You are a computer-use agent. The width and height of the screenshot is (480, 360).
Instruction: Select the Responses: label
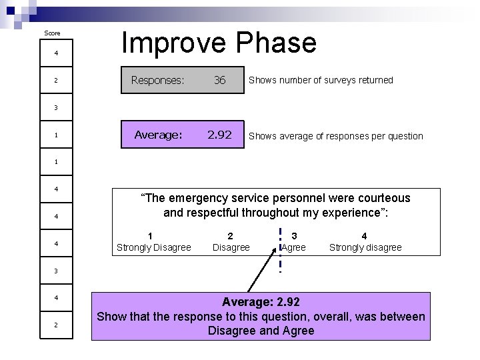[x=157, y=80]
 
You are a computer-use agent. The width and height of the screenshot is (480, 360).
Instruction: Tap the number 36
[x=219, y=80]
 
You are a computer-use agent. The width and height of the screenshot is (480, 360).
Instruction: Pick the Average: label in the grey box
[x=158, y=135]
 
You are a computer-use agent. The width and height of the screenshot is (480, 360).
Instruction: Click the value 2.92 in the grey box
[x=219, y=135]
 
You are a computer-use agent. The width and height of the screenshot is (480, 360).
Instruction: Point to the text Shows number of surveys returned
[x=321, y=80]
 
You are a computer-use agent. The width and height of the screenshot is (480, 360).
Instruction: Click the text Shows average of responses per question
[x=335, y=136]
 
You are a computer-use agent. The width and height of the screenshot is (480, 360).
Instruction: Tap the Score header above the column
[x=52, y=33]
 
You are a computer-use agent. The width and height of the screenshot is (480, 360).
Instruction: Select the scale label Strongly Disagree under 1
[x=153, y=247]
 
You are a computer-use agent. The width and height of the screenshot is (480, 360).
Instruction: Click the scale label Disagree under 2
[x=231, y=247]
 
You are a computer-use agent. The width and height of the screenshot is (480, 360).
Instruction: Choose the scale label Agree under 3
[x=294, y=247]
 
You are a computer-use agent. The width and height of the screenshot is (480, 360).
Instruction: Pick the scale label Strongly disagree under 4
[x=365, y=247]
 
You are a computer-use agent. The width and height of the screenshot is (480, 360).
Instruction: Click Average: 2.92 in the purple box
[x=261, y=302]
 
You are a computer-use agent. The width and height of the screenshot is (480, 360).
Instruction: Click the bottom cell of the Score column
[x=56, y=325]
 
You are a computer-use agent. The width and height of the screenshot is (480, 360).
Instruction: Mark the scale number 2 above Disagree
[x=231, y=235]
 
